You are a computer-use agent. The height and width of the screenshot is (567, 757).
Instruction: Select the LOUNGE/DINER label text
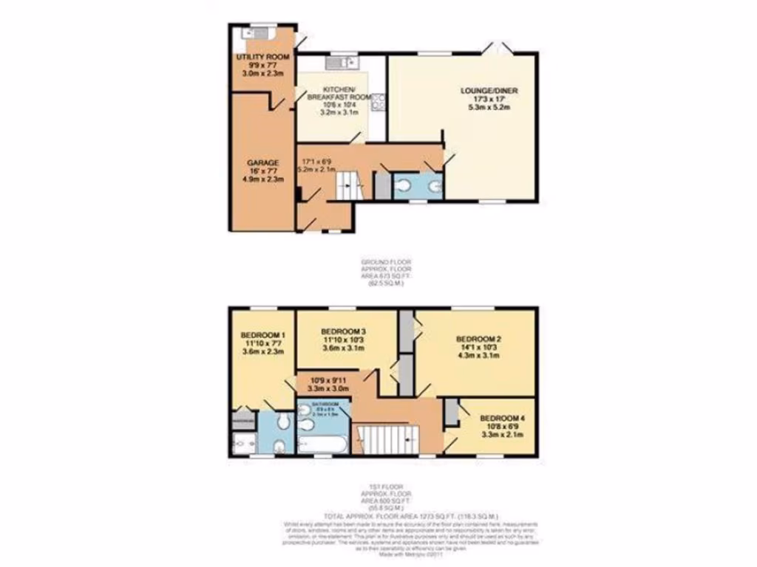click(x=489, y=90)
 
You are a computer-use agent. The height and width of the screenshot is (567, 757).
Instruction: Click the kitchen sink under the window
click(x=337, y=62)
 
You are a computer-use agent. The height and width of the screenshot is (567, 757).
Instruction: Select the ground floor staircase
click(x=346, y=185)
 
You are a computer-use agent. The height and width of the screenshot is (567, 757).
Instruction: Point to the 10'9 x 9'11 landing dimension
click(x=326, y=382)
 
